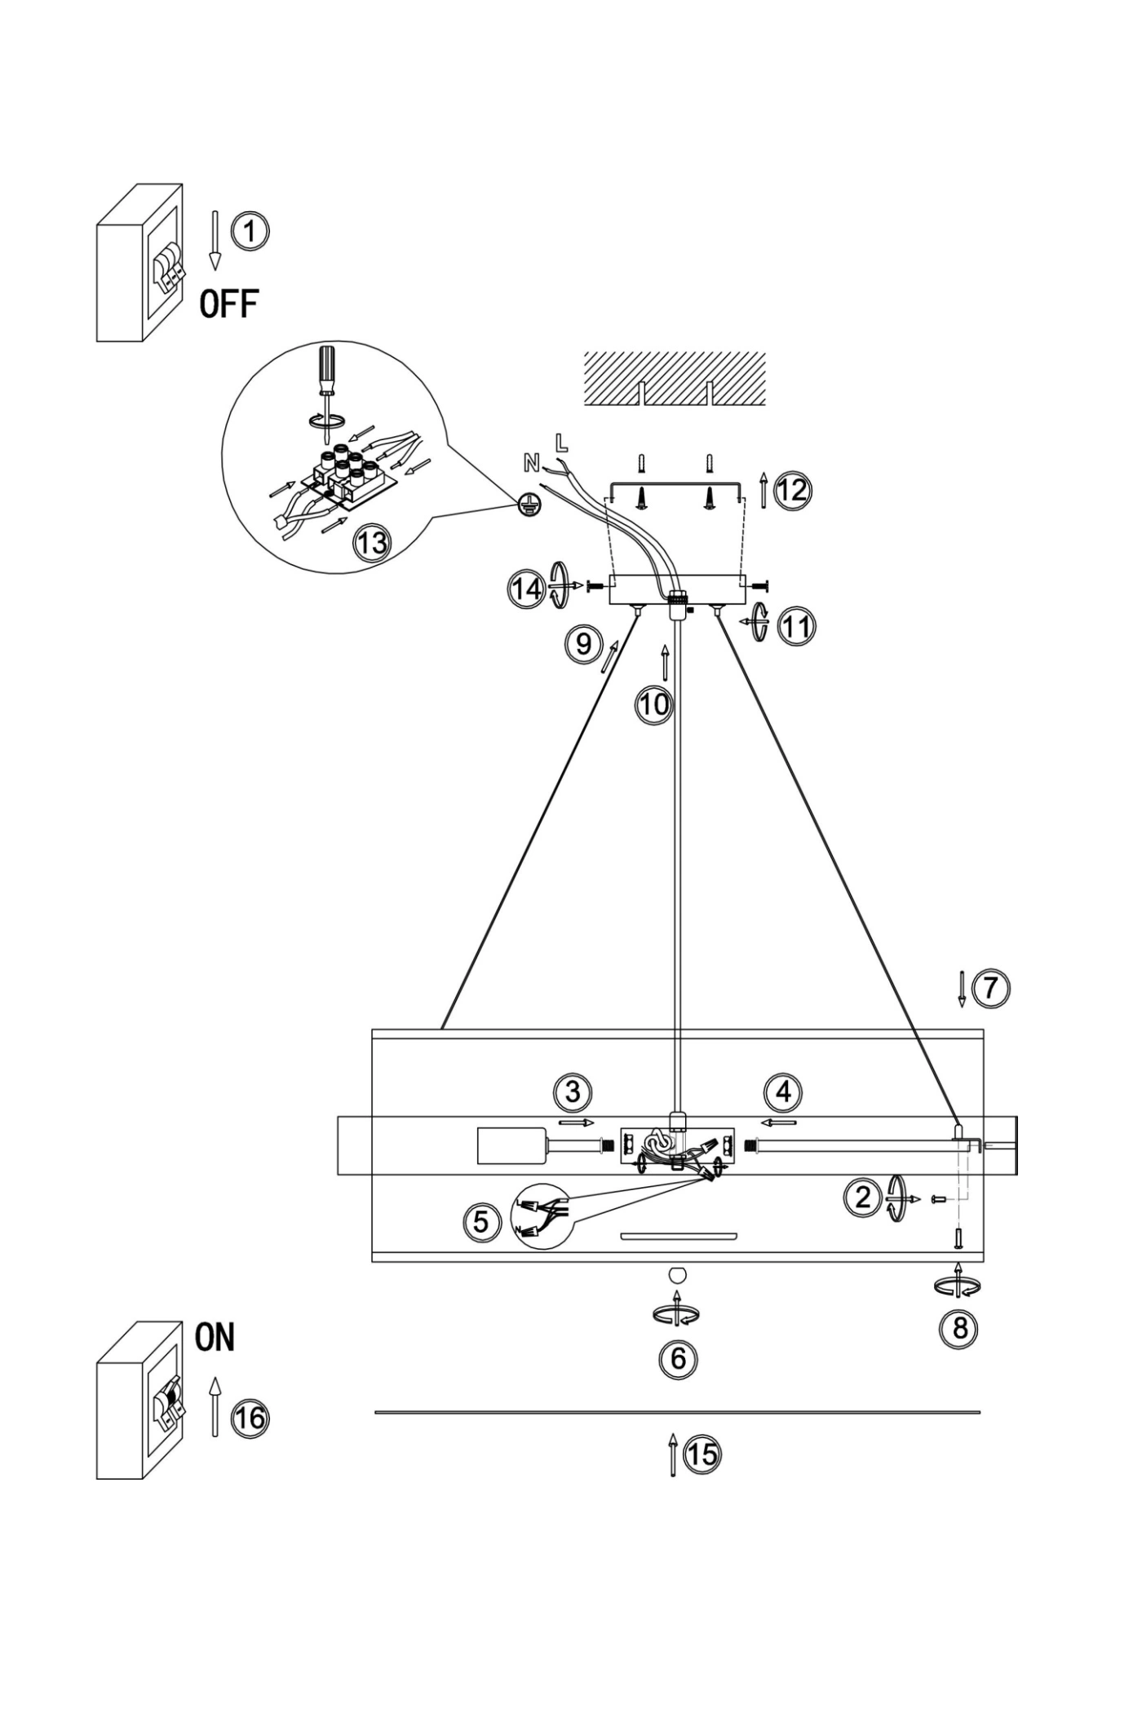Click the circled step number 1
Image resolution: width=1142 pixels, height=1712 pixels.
250,231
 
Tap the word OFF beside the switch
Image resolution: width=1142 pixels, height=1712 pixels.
229,304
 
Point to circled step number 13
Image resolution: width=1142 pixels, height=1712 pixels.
372,542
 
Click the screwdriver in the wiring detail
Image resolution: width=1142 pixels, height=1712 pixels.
327,382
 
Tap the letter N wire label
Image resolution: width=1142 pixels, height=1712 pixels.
531,464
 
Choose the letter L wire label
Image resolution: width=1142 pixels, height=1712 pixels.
560,443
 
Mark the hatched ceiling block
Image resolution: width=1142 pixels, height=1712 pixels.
675,378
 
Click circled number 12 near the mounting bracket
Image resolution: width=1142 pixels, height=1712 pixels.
792,491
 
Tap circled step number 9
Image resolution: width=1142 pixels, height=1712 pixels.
584,644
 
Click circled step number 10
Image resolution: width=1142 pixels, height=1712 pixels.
654,704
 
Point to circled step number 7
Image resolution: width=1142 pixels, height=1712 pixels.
990,988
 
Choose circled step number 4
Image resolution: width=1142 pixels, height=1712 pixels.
784,1092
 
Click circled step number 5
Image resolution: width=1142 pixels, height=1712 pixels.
481,1222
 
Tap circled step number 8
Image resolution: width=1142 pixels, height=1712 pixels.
960,1329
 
